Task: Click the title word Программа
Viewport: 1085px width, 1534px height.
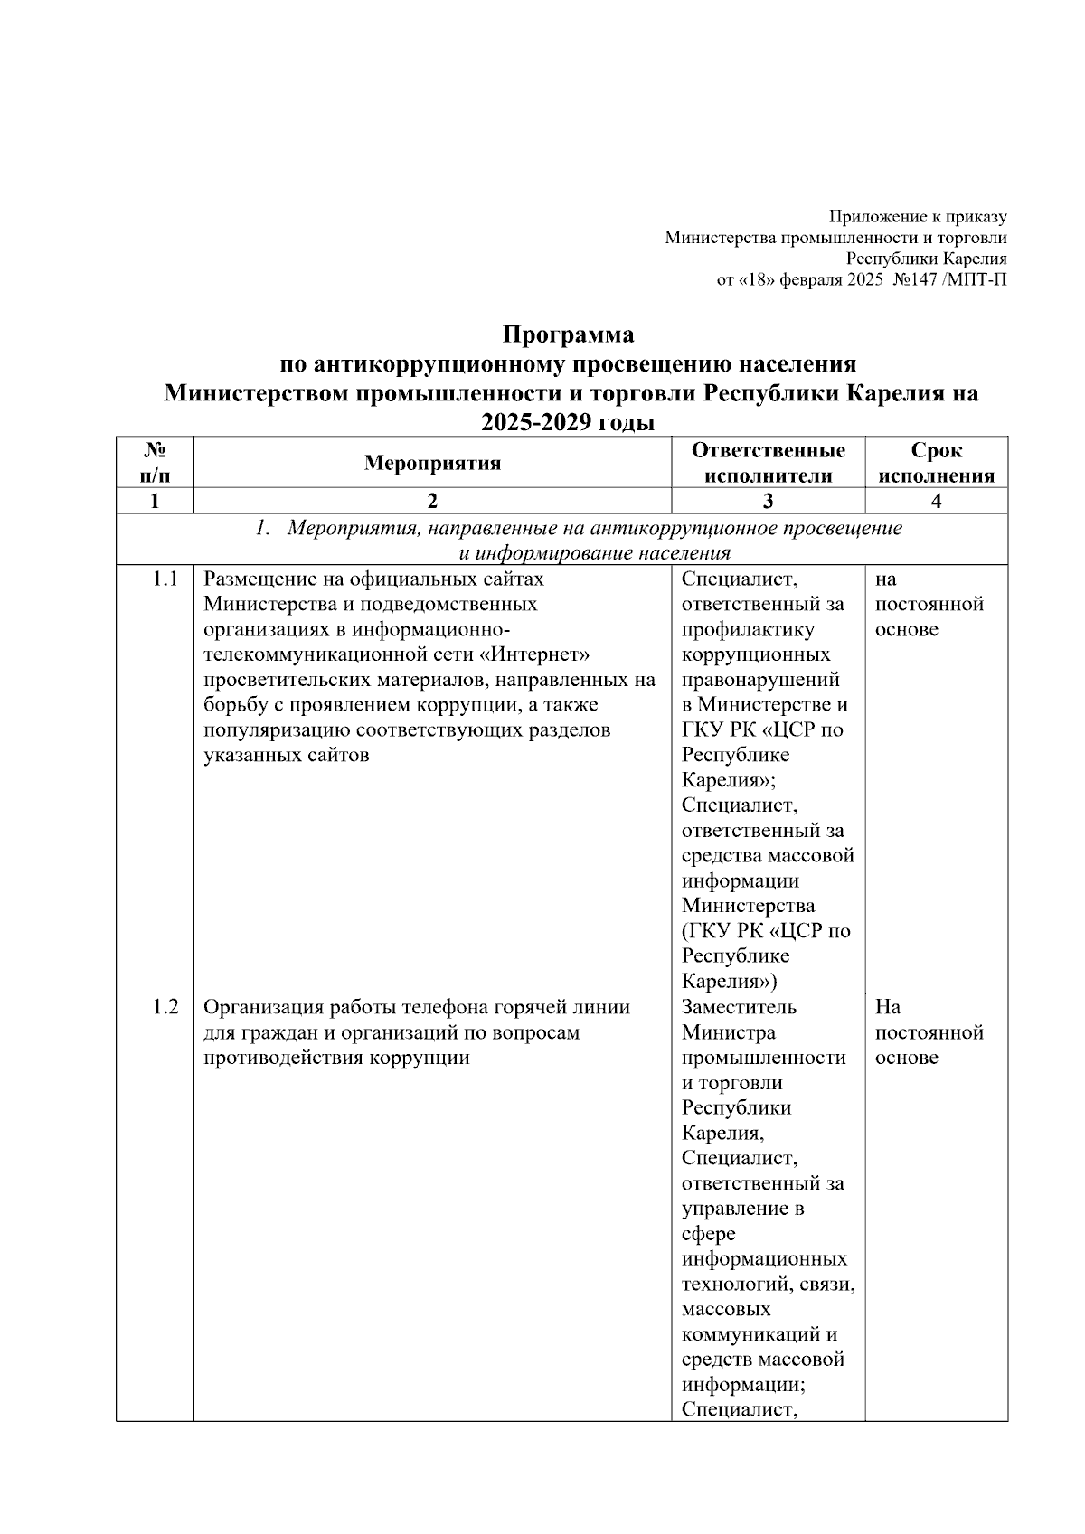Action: point(568,335)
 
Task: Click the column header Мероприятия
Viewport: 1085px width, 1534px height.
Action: point(432,464)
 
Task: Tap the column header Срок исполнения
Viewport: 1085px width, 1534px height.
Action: point(936,464)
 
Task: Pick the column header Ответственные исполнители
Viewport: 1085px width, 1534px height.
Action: point(768,464)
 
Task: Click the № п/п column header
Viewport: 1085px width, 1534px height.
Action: point(155,462)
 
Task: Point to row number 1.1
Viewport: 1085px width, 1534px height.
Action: point(165,579)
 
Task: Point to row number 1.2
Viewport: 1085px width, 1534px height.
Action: point(165,1007)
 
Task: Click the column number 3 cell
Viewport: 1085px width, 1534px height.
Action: point(768,502)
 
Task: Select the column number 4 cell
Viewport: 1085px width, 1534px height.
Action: point(936,502)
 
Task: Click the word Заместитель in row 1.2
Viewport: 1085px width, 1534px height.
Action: point(739,1007)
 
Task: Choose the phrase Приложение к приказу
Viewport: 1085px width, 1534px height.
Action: point(918,217)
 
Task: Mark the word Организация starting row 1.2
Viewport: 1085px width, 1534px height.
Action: point(265,1007)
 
